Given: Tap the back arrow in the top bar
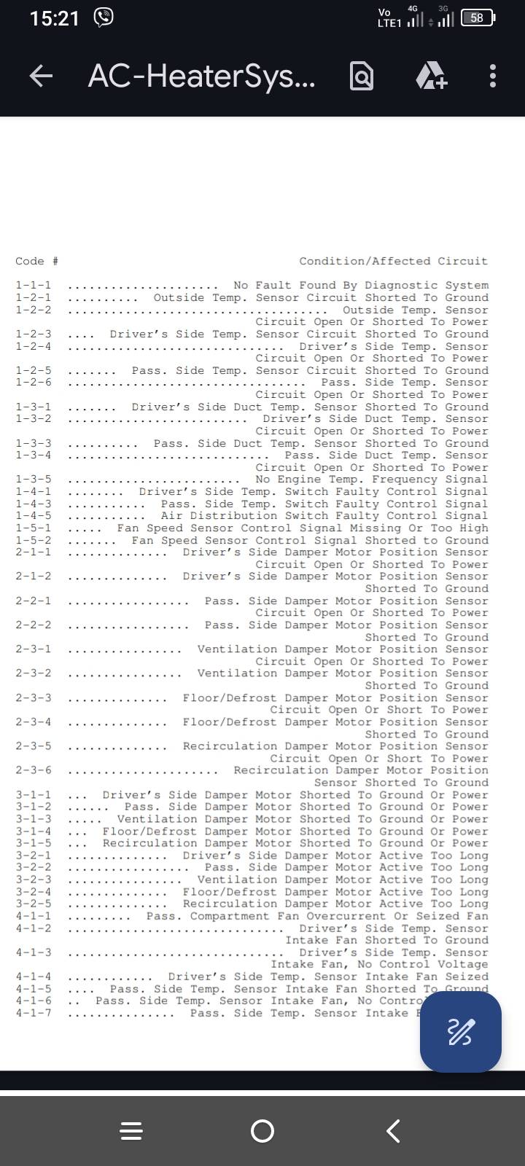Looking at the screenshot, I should (x=41, y=75).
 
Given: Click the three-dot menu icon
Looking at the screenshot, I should (x=493, y=76).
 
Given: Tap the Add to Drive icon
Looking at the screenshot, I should (x=431, y=76).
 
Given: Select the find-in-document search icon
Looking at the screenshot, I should (x=362, y=76).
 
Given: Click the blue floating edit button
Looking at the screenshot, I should (x=460, y=1032).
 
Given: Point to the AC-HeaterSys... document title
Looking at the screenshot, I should (x=201, y=76).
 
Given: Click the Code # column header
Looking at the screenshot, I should (x=36, y=261).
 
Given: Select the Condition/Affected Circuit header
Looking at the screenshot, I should (x=393, y=261).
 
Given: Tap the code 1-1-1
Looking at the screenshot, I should (x=34, y=286).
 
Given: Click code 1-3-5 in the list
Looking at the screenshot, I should (x=34, y=480).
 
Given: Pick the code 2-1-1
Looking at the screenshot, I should (x=34, y=552).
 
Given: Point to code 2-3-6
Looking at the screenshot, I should (x=34, y=770).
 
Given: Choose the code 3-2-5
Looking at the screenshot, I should (x=34, y=904).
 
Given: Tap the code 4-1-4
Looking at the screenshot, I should (x=34, y=977).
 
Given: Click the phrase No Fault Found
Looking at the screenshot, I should (x=284, y=286).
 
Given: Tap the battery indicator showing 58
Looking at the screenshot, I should (x=478, y=18).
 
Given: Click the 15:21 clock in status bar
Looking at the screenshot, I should (x=54, y=19).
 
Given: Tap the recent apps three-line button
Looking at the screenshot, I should (x=131, y=1131).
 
